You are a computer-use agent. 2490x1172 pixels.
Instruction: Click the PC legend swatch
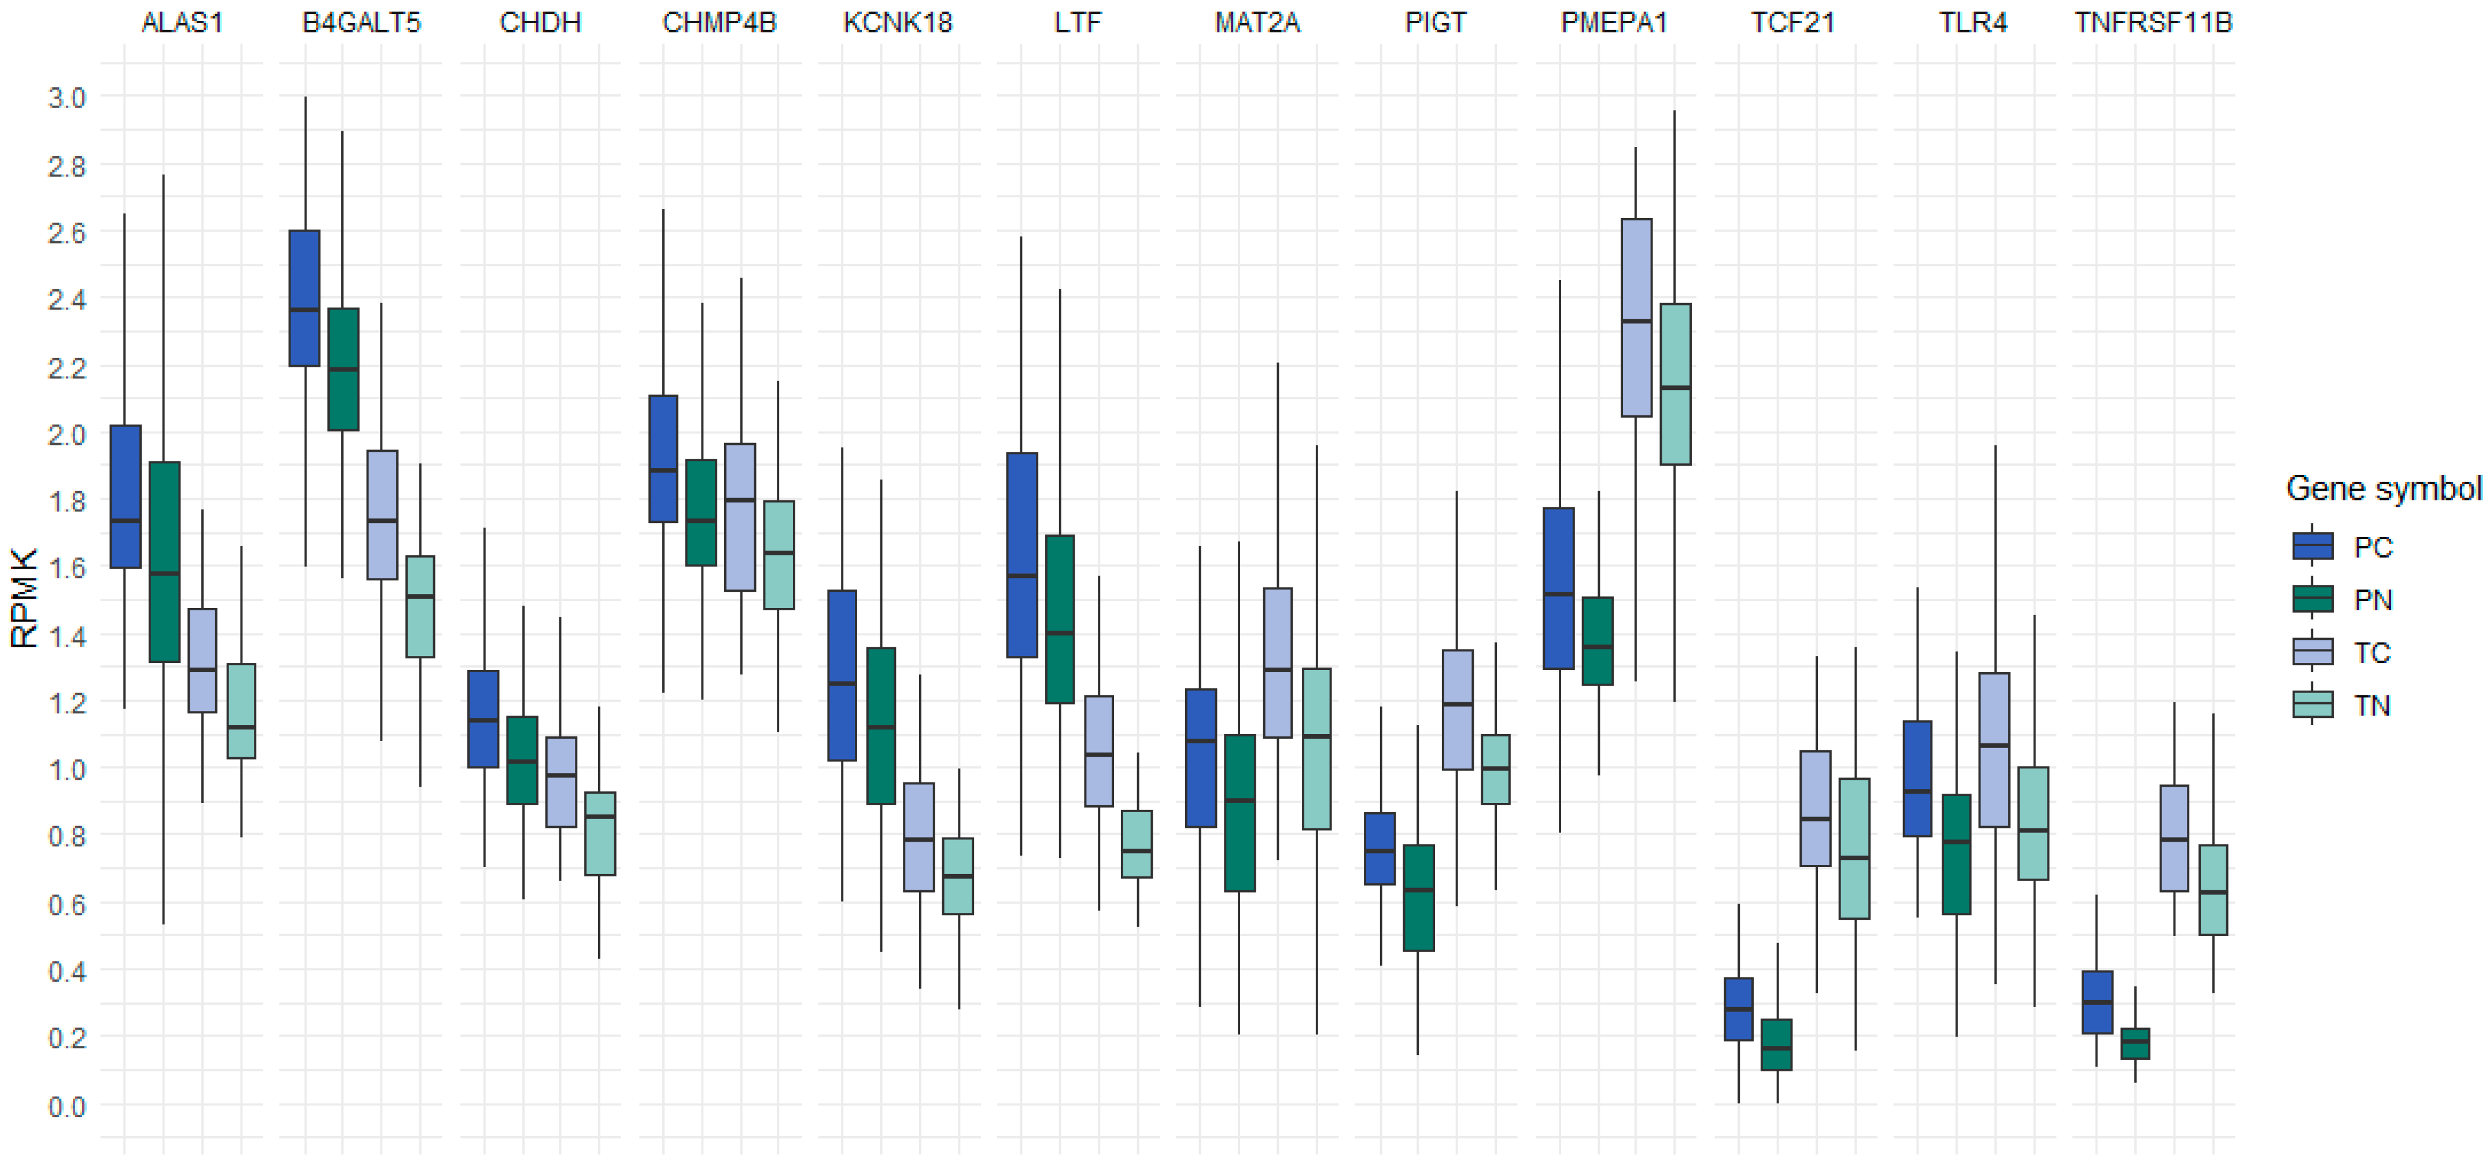(x=2312, y=546)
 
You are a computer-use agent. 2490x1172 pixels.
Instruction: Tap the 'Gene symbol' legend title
(x=2382, y=488)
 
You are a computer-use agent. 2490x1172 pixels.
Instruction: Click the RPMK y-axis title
(x=24, y=598)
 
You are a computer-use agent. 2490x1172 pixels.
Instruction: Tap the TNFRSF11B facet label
(x=2153, y=22)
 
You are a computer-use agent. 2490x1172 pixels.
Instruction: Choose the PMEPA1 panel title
(x=1614, y=22)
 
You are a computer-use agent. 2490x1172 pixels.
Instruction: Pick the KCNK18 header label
(x=898, y=22)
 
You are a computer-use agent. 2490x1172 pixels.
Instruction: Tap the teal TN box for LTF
(x=1137, y=843)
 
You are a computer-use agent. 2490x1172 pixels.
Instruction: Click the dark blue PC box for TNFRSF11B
(x=2097, y=1002)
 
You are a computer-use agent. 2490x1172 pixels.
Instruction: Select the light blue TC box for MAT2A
(x=1278, y=662)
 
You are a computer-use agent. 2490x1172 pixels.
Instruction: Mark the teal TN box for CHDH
(x=599, y=834)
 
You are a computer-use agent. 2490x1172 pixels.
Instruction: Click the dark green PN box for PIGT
(x=1418, y=897)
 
